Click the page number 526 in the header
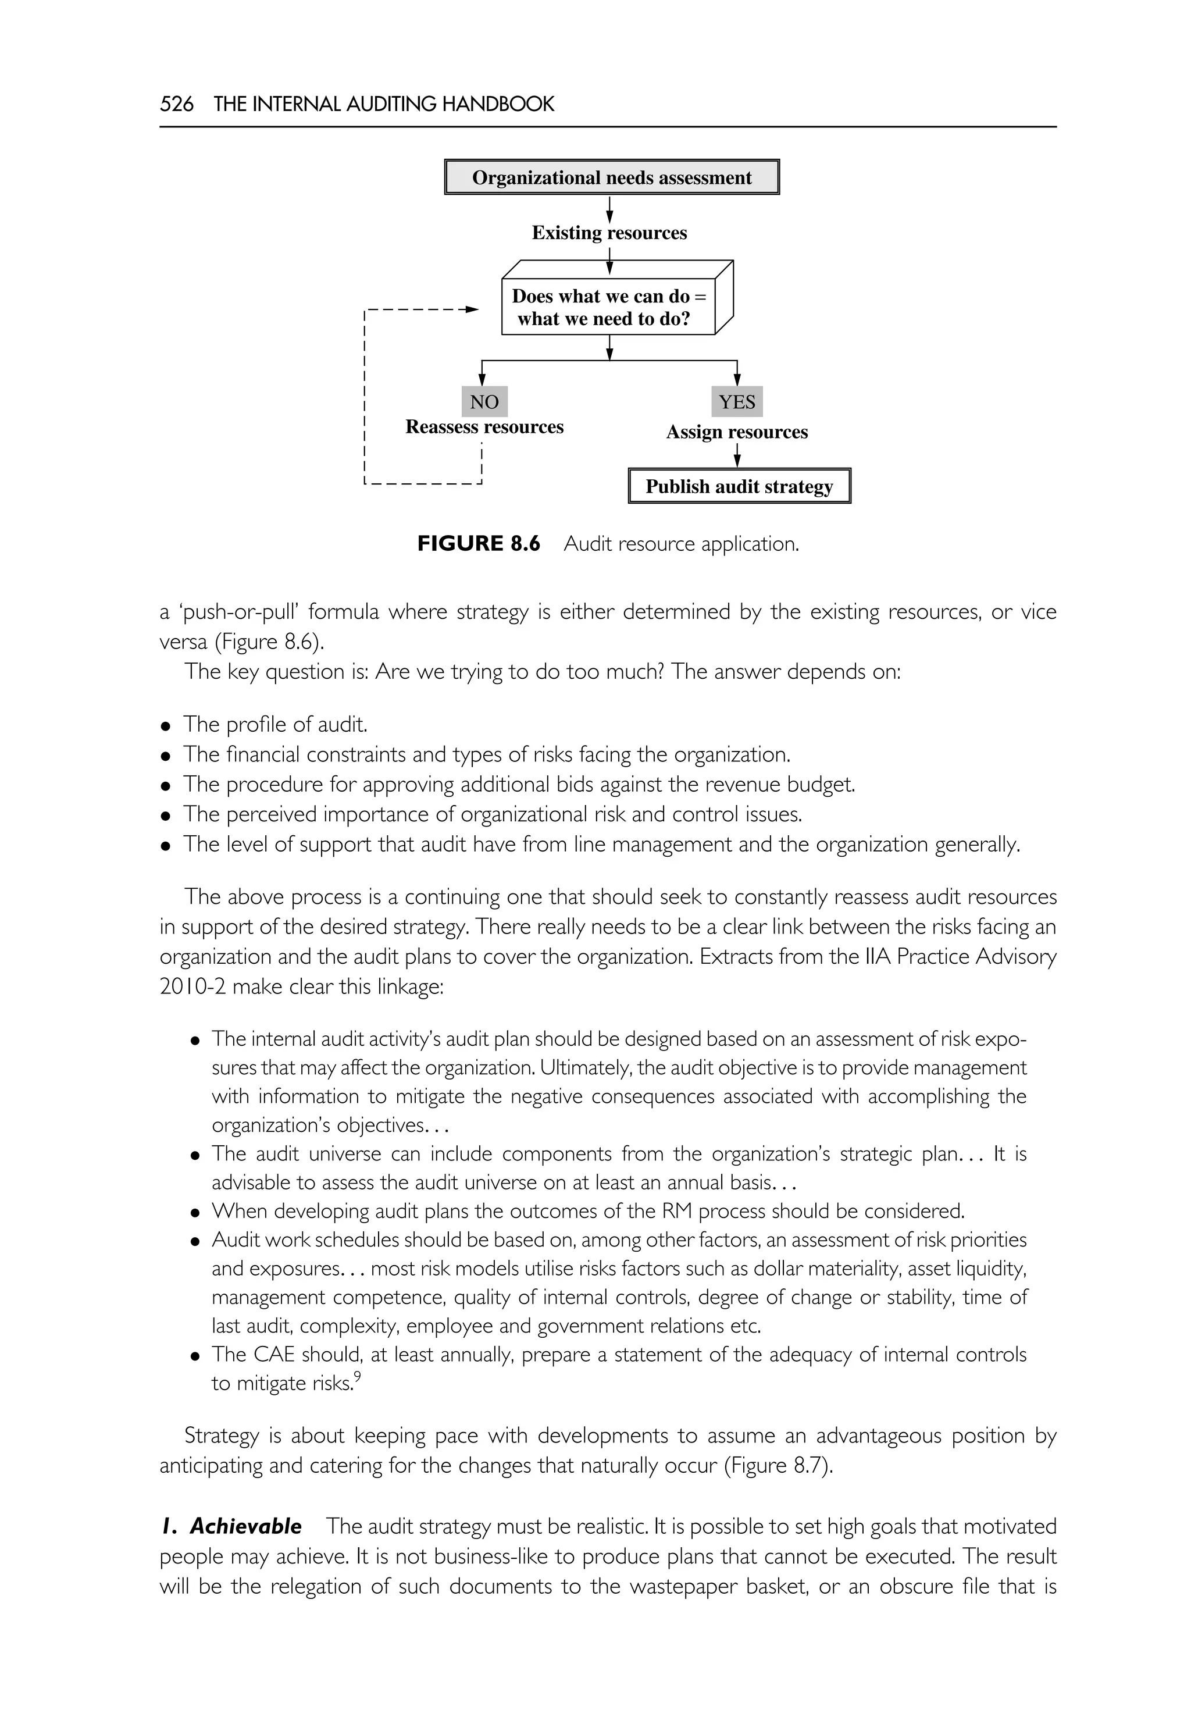(x=177, y=104)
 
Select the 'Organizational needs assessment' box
(x=611, y=177)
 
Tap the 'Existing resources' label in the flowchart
(x=609, y=233)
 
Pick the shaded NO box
(x=484, y=401)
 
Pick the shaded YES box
(x=737, y=401)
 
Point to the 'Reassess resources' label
(x=484, y=427)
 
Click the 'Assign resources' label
(x=737, y=432)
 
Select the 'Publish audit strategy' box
(x=739, y=487)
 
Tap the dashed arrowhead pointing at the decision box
(x=472, y=309)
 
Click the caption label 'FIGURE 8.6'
(x=479, y=543)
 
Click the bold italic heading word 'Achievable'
(x=245, y=1526)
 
